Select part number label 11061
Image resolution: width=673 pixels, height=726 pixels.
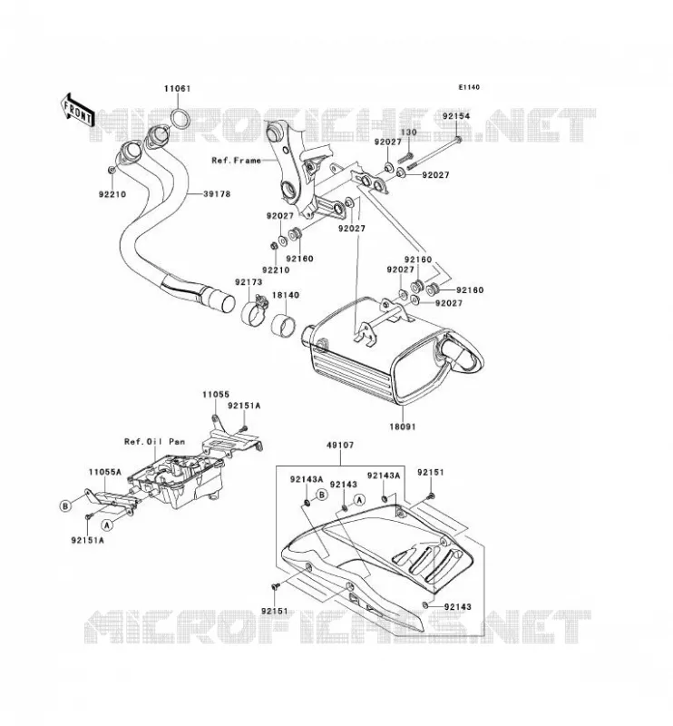(x=177, y=88)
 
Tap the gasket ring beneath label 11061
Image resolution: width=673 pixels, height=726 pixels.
(x=180, y=119)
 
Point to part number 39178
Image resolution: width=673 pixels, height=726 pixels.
(x=217, y=194)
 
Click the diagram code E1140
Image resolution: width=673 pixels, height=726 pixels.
(x=469, y=87)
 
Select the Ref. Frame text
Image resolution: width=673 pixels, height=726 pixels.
(x=237, y=161)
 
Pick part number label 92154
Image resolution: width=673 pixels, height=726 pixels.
(x=456, y=116)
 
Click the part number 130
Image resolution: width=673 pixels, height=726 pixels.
(x=409, y=132)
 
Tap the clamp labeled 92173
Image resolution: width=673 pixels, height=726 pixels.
(x=255, y=309)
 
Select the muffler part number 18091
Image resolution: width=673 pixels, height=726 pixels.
(x=402, y=427)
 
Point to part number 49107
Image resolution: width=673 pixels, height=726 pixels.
(x=340, y=446)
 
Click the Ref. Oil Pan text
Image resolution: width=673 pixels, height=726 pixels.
(x=154, y=442)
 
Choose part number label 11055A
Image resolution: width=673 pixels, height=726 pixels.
(x=105, y=472)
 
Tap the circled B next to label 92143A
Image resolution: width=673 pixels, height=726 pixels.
(x=322, y=495)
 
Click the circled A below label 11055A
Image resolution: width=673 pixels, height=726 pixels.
(x=107, y=525)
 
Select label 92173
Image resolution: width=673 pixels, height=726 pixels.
(x=249, y=282)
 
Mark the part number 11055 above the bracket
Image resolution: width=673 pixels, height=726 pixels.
(x=216, y=395)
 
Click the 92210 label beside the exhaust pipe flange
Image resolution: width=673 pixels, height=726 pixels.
(x=112, y=194)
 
